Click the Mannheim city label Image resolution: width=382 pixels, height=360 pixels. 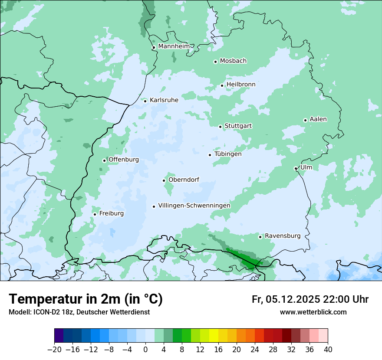pos(174,46)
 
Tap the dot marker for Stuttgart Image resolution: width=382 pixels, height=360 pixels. pos(221,127)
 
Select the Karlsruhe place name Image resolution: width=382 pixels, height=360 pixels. pos(164,100)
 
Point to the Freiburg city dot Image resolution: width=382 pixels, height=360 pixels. pos(95,214)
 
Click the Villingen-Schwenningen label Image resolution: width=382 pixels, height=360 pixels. pos(194,206)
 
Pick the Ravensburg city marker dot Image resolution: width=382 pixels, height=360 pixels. pos(260,237)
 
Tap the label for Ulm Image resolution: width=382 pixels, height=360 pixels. pos(306,167)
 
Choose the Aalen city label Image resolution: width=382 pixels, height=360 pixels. pos(318,119)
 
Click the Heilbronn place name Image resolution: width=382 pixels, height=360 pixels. pos(241,85)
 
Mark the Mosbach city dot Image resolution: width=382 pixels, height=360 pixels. pos(215,62)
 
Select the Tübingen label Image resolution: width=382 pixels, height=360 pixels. pos(228,154)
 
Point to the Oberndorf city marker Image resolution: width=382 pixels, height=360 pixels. pos(164,180)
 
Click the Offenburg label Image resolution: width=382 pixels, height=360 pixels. pos(124,160)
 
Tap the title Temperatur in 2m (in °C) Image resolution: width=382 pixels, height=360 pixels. pos(86,299)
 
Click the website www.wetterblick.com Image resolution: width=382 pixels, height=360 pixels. pos(313,312)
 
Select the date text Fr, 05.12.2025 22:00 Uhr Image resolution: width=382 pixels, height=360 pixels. pos(310,299)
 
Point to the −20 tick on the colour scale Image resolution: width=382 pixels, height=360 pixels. pos(54,350)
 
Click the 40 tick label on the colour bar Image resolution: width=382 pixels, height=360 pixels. pos(328,350)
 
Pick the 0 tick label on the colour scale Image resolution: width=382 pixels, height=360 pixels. pos(145,350)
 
